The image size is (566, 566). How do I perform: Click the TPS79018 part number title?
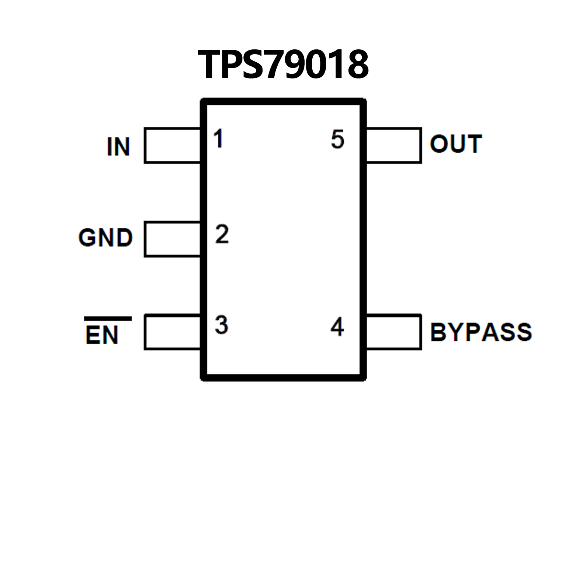click(x=283, y=65)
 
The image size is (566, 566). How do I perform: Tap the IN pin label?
click(x=118, y=147)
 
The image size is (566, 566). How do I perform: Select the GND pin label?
click(x=105, y=237)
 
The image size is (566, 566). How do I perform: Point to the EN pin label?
click(x=102, y=335)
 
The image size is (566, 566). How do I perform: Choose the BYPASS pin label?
click(x=481, y=332)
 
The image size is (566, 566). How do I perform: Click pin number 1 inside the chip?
click(x=218, y=139)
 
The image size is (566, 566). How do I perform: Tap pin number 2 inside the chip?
click(x=222, y=234)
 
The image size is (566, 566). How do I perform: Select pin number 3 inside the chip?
click(x=222, y=325)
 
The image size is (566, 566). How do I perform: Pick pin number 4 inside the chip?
click(x=337, y=327)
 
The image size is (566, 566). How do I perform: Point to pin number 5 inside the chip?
click(x=337, y=139)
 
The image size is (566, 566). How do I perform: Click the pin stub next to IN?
click(x=172, y=145)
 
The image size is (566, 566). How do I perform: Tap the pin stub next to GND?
click(x=172, y=239)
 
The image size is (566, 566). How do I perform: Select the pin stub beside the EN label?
click(x=172, y=332)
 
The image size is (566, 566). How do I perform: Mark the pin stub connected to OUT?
click(x=394, y=145)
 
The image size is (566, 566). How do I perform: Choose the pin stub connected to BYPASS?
click(x=394, y=332)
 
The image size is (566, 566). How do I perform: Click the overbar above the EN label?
click(x=108, y=319)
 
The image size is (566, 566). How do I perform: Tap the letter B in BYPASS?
click(x=438, y=332)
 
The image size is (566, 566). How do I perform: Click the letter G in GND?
click(x=87, y=237)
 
